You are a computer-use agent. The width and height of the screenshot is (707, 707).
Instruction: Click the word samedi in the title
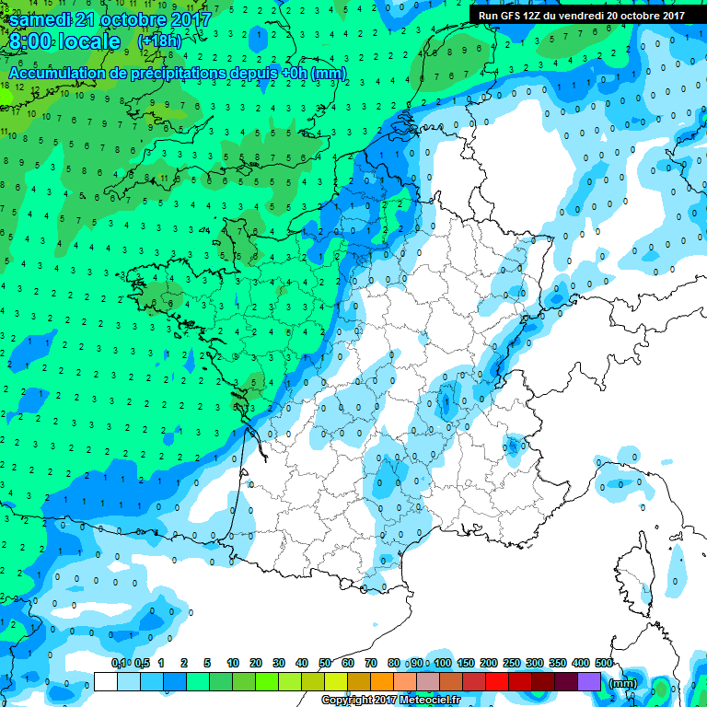[44, 18]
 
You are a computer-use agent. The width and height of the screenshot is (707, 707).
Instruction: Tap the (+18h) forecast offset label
[159, 41]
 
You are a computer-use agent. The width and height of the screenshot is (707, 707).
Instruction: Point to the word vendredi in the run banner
[591, 16]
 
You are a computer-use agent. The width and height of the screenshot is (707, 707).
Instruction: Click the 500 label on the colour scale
[603, 663]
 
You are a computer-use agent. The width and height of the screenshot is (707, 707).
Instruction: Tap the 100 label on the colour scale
[442, 663]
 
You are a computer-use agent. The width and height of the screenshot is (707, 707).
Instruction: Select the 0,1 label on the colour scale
[119, 663]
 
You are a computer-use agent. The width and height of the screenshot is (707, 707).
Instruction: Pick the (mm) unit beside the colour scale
[623, 683]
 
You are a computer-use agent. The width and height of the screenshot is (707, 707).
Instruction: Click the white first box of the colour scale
[106, 682]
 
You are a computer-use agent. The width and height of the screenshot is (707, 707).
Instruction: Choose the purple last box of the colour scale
[589, 682]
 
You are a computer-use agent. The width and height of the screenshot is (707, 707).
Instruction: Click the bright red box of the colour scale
[497, 682]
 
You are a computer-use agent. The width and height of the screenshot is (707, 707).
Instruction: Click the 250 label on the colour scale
[511, 663]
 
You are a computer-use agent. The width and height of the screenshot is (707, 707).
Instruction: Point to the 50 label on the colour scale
[325, 663]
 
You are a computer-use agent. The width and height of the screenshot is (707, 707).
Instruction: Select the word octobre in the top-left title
[133, 18]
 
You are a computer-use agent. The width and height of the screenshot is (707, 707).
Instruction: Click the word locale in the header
[91, 41]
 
